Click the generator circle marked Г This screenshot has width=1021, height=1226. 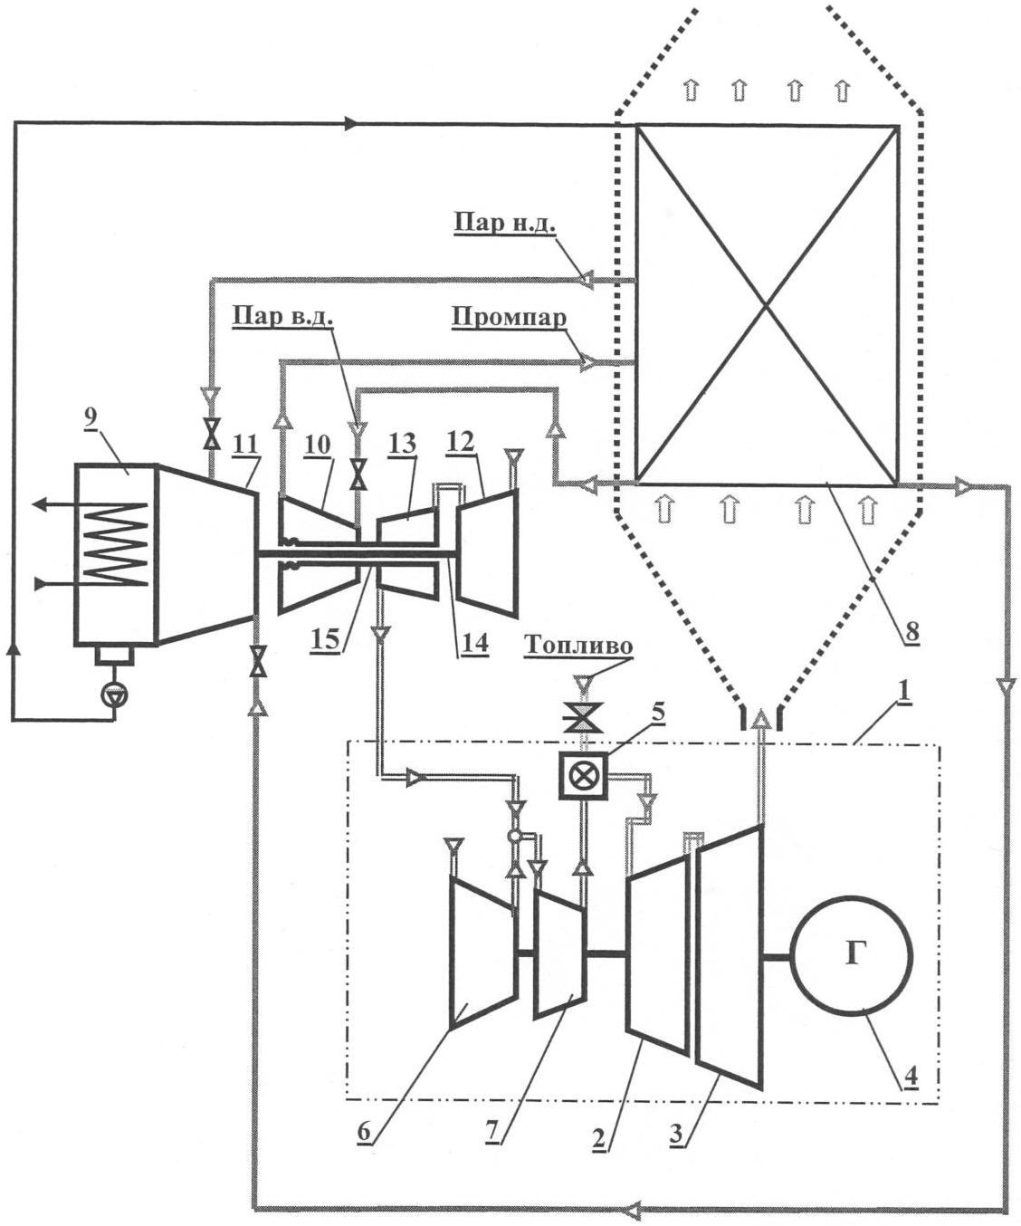pyautogui.click(x=852, y=955)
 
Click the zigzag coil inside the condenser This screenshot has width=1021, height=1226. pyautogui.click(x=114, y=543)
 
